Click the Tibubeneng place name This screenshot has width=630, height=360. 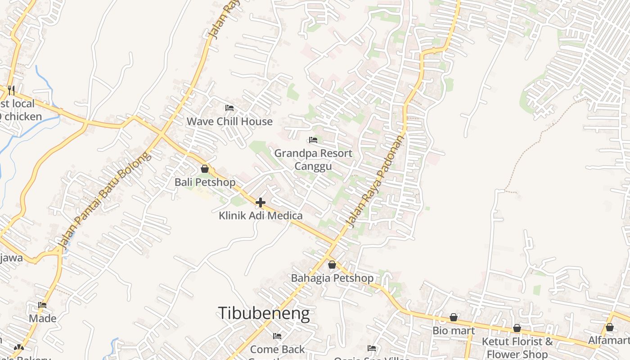coord(264,313)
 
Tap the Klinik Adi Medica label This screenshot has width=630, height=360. coord(261,216)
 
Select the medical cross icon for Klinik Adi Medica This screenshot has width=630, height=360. coord(260,202)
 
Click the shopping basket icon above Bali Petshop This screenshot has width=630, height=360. coord(205,169)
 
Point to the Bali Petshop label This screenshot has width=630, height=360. coord(205,182)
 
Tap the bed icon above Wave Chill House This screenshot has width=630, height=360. coord(229,108)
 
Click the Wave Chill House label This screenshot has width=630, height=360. coord(229,121)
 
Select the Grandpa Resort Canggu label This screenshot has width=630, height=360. coord(313,160)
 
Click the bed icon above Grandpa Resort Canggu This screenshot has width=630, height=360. coord(313,140)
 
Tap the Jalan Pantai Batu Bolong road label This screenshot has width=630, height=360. coord(103,200)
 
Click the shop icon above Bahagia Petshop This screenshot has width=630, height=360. coord(332,265)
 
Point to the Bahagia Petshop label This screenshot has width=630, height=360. coord(332,278)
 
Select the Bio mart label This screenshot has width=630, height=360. coord(454,331)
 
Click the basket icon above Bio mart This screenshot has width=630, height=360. coord(454,317)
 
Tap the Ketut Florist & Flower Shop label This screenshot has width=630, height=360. coord(517,347)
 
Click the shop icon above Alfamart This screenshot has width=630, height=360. coord(610,327)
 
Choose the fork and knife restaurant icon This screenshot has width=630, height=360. coord(11,90)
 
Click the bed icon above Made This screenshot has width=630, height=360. coord(42,305)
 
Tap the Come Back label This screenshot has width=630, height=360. coord(277,349)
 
